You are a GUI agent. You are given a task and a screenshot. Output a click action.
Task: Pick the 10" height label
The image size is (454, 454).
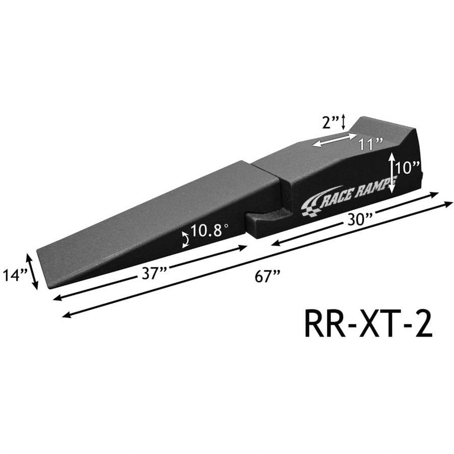tap(407, 168)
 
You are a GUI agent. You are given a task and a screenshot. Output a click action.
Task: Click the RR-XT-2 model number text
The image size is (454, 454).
tap(368, 325)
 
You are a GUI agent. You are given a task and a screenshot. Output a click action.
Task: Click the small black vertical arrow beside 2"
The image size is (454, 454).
tap(343, 121)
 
